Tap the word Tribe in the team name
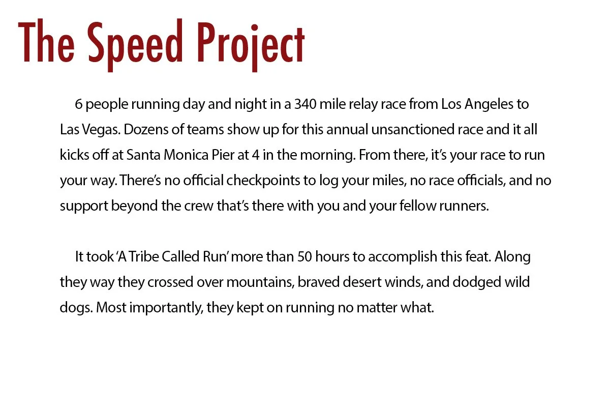pos(143,256)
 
